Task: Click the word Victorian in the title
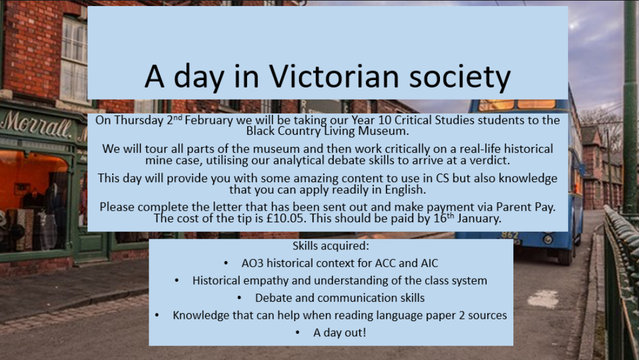334,76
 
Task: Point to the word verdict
489,160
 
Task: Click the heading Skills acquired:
331,246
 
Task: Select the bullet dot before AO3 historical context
226,263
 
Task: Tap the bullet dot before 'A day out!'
297,333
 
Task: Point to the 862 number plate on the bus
510,235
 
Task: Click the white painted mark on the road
543,299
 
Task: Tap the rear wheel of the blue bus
565,257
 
